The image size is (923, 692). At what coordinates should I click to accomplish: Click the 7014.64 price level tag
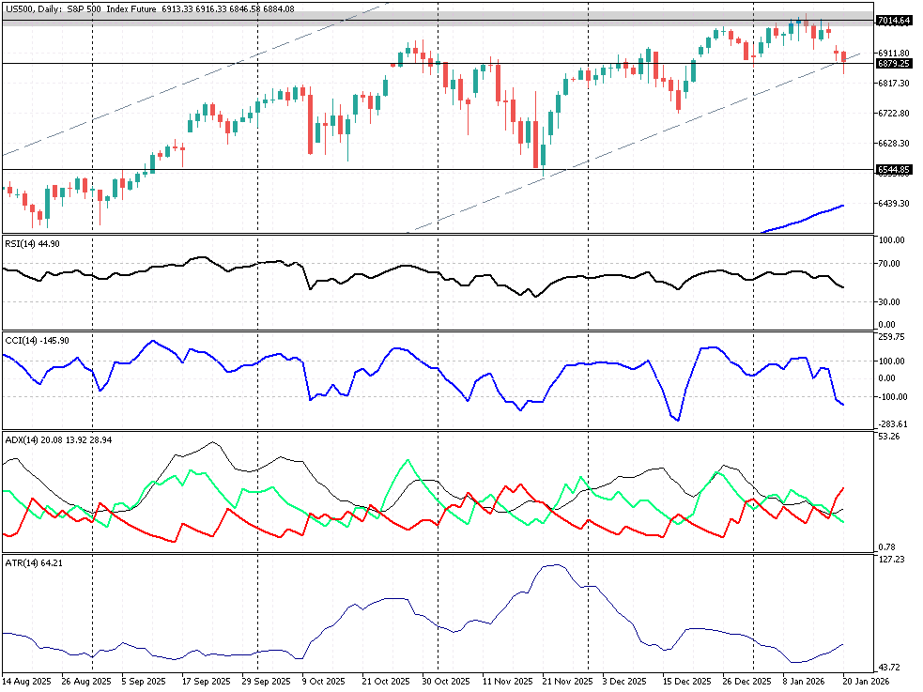[x=893, y=21]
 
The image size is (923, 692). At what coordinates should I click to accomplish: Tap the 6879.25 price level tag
[x=893, y=64]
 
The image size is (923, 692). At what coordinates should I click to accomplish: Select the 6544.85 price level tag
[x=893, y=170]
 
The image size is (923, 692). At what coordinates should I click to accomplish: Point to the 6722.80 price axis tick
[x=892, y=114]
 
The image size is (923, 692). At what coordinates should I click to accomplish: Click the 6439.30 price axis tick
[x=892, y=203]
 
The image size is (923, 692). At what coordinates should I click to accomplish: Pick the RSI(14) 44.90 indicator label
[x=33, y=243]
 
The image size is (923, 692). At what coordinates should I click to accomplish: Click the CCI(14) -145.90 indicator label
[x=37, y=340]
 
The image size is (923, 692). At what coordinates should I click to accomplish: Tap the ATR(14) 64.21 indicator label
[x=33, y=562]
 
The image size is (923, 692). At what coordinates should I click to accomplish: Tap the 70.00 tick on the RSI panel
[x=891, y=264]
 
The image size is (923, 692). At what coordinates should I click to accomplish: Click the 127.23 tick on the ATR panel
[x=891, y=560]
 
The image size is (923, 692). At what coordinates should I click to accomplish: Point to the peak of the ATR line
[x=556, y=565]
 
